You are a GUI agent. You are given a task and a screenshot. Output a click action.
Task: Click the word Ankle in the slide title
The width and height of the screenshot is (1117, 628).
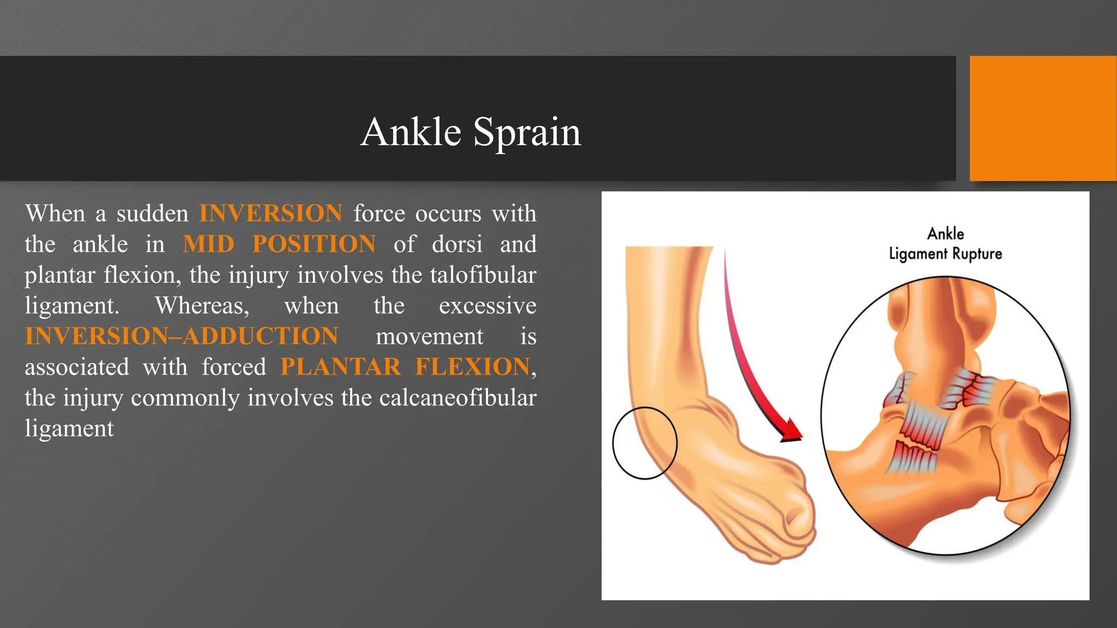[x=411, y=132]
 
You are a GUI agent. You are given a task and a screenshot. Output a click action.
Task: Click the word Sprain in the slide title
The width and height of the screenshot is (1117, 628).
[x=527, y=132]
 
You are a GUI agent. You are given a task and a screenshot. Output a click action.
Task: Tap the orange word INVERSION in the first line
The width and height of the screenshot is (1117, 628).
[x=271, y=213]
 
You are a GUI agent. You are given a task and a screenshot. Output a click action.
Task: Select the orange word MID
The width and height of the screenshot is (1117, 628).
[x=208, y=244]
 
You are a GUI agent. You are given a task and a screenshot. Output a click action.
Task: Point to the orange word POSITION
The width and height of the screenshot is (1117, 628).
[x=314, y=244]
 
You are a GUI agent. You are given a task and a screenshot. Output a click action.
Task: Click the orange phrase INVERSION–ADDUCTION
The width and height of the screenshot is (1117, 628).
[x=182, y=336]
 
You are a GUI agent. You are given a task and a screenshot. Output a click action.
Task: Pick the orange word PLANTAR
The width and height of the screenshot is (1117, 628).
[x=340, y=367]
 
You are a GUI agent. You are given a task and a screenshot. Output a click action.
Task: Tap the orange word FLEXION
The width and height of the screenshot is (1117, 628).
[x=472, y=367]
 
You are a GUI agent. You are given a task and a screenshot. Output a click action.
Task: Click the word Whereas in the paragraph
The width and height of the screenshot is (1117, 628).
[x=202, y=305]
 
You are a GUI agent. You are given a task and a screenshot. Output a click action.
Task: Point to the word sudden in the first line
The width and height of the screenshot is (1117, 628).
[x=152, y=213]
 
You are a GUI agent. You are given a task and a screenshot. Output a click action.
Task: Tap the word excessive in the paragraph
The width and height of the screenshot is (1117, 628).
[x=487, y=305]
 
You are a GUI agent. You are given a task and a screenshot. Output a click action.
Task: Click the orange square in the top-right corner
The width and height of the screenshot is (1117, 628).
[x=1043, y=118]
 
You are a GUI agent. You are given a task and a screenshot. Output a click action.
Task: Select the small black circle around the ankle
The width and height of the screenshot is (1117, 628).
[x=645, y=443]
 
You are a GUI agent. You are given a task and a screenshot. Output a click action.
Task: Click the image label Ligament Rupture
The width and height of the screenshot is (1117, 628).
[x=945, y=254]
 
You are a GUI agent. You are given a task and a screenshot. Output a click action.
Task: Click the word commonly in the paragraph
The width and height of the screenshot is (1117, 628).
[x=185, y=397]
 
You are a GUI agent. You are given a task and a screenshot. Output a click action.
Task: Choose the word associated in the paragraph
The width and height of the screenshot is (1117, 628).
[x=77, y=367]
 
